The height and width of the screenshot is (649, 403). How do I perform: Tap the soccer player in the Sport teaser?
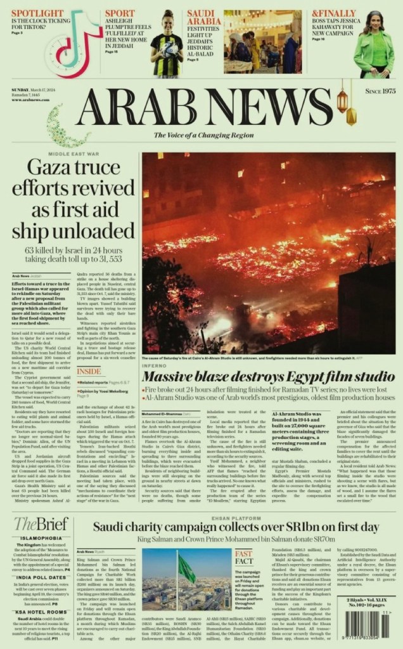[167, 44]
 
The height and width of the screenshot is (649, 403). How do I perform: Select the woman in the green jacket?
[373, 48]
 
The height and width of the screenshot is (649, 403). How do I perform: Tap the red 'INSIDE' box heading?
[89, 371]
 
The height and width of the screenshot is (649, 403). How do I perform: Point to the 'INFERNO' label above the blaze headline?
[155, 365]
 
